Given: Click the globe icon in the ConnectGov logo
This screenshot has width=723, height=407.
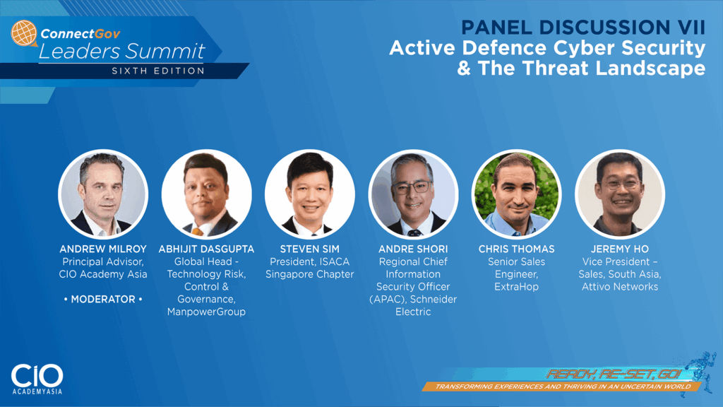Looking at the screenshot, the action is coord(24,33).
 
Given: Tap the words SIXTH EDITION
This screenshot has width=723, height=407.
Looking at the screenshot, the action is coord(158,71).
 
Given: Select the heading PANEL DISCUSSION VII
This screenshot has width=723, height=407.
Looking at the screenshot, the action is coord(583,27).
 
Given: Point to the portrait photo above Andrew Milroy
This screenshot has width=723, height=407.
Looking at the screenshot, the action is coord(103,194).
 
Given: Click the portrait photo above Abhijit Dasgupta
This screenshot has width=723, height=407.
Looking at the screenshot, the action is coord(206,194).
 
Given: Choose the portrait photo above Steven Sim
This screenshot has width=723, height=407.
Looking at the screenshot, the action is coord(309,194).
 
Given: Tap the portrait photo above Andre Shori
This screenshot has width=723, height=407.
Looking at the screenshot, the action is coord(412,194).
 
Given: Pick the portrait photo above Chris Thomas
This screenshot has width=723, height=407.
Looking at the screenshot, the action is coord(516,194).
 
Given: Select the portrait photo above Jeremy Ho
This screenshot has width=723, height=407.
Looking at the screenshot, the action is coord(620,194).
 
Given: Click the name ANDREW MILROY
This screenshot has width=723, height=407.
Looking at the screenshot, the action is coord(103,249).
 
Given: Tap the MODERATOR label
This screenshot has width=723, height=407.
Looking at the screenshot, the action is coord(103,300).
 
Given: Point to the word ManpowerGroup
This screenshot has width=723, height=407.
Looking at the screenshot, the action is coord(206,312).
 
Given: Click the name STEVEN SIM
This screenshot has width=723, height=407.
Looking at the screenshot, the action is coord(309,249).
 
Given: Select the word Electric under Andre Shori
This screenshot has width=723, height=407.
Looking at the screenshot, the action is coord(413,312).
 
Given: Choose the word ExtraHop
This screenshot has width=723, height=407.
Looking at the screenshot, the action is coord(516,287).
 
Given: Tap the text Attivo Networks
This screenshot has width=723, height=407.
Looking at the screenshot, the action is coord(620,287).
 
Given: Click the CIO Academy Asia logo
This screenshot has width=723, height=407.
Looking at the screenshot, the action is coord(37,379).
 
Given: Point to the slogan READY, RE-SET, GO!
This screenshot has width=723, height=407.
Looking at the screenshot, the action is coord(614,374).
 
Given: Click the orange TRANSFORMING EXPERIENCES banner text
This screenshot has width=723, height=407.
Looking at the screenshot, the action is coord(563,387).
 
